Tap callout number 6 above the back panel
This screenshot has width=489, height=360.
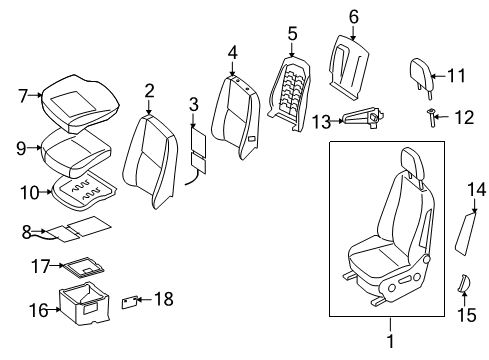353,16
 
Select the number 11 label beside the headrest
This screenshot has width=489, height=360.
457,75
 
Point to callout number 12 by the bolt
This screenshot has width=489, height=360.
461,118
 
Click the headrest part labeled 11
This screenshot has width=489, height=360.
420,72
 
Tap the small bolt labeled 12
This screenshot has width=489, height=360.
431,119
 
